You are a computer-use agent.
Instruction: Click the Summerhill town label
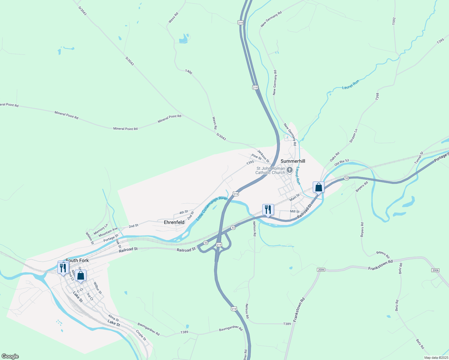(x=293, y=161)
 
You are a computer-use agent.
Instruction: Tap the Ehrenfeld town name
(x=174, y=222)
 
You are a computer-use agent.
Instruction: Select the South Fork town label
(x=77, y=260)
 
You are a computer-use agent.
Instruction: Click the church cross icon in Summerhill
(x=290, y=170)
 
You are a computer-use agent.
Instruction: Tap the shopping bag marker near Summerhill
(x=318, y=187)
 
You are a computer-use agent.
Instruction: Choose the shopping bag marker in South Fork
(x=81, y=276)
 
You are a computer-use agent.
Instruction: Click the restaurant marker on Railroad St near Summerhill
(x=268, y=210)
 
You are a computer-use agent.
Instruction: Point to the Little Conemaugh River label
(x=212, y=208)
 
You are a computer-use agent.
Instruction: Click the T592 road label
(x=394, y=21)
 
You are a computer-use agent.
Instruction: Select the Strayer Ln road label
(x=354, y=136)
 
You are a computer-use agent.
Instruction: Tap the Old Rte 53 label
(x=342, y=163)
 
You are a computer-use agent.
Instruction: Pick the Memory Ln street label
(x=101, y=229)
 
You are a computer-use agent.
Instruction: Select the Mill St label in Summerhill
(x=295, y=211)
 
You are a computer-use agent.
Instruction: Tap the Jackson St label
(x=263, y=156)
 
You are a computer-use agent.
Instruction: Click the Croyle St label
(x=141, y=335)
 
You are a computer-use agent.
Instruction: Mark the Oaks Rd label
(x=334, y=157)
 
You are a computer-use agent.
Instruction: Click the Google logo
(x=10, y=356)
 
